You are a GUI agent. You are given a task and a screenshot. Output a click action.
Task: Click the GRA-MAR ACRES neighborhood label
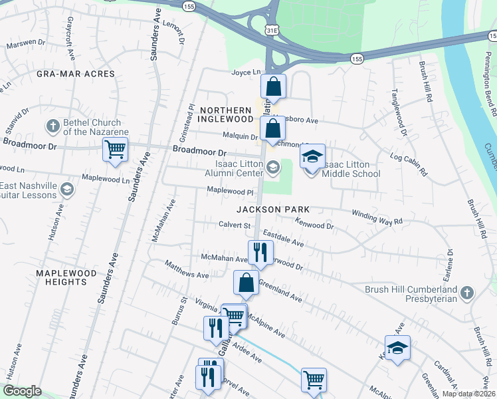(x=76, y=74)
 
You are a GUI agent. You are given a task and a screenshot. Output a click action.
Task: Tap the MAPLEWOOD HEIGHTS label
(x=71, y=277)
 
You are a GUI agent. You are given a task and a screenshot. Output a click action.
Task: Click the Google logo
(x=21, y=391)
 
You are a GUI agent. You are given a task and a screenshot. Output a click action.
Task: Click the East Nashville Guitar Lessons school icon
(x=66, y=190)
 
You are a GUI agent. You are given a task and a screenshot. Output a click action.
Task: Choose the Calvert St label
(x=234, y=225)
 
